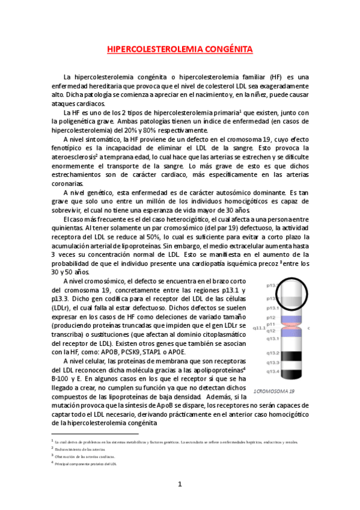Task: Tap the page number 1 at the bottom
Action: [180, 484]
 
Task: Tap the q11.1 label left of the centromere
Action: [259, 328]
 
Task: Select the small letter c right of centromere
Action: [308, 328]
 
